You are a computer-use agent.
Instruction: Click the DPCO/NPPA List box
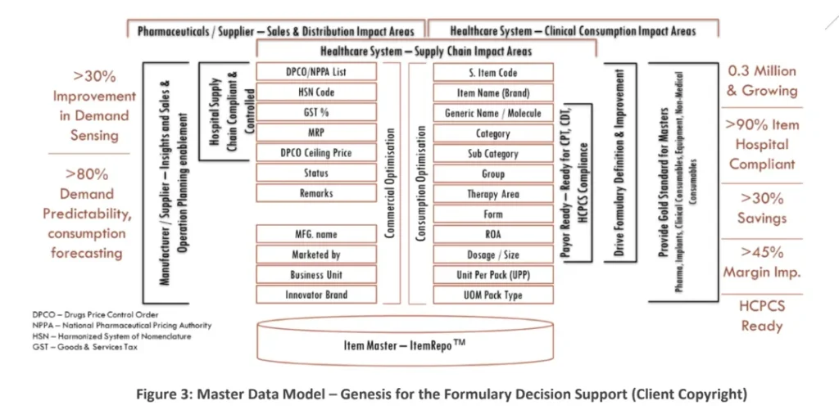[316, 72]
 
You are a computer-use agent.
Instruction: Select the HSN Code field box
[316, 92]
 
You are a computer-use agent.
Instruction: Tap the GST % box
[316, 112]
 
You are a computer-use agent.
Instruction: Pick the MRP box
[316, 133]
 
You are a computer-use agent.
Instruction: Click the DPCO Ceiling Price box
[316, 153]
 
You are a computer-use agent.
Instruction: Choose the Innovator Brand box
[316, 295]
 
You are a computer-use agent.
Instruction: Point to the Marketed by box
[316, 255]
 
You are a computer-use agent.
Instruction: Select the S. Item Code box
[493, 73]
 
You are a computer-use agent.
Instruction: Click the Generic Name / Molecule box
[493, 113]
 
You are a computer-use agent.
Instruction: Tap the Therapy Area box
[493, 194]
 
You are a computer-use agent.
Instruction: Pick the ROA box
[493, 234]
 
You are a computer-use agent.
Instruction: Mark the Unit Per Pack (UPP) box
[493, 275]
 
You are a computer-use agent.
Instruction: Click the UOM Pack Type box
[493, 295]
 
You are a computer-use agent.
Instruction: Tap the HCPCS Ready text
[762, 316]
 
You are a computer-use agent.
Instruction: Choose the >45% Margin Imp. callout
[762, 262]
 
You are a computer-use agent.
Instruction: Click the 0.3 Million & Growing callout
[762, 81]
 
